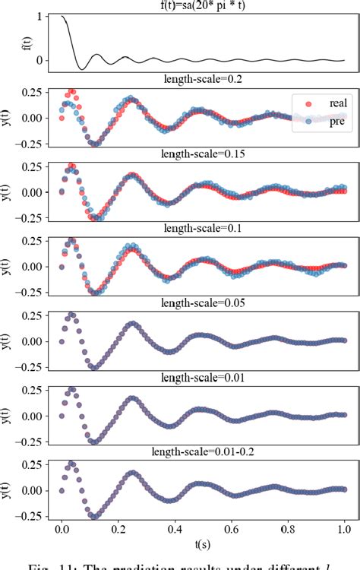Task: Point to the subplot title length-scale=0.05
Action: pyautogui.click(x=201, y=301)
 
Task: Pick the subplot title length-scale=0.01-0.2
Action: pyautogui.click(x=201, y=450)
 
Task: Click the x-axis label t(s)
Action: pyautogui.click(x=201, y=544)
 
